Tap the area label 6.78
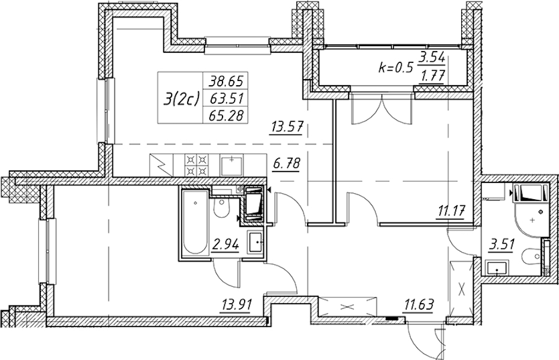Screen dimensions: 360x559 (x=286, y=163)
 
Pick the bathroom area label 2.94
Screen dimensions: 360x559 (x=226, y=244)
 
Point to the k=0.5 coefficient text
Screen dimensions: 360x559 (x=396, y=67)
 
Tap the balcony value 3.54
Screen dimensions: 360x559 (x=432, y=59)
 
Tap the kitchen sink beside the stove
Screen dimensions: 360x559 (x=231, y=163)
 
